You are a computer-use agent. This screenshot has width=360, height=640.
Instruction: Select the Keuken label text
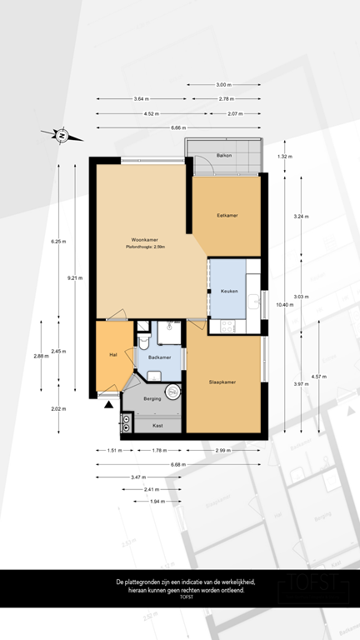click(x=229, y=291)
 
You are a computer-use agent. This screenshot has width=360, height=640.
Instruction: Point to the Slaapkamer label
click(x=222, y=382)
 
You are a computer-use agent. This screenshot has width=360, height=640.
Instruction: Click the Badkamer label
click(x=160, y=357)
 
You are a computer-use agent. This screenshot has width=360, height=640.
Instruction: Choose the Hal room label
click(x=112, y=354)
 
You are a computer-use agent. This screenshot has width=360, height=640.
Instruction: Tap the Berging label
click(x=152, y=399)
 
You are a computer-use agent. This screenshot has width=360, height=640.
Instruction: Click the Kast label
click(x=157, y=426)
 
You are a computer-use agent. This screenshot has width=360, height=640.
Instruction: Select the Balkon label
click(x=224, y=156)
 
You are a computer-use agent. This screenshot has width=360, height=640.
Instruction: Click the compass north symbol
click(x=62, y=134)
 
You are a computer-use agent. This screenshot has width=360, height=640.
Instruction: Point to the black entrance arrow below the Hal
click(x=108, y=405)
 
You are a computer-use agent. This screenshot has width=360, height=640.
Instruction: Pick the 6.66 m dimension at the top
click(x=177, y=127)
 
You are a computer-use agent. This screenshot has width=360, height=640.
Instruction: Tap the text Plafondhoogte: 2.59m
click(x=145, y=247)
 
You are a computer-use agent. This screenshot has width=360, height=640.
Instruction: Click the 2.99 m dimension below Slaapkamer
click(x=224, y=451)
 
